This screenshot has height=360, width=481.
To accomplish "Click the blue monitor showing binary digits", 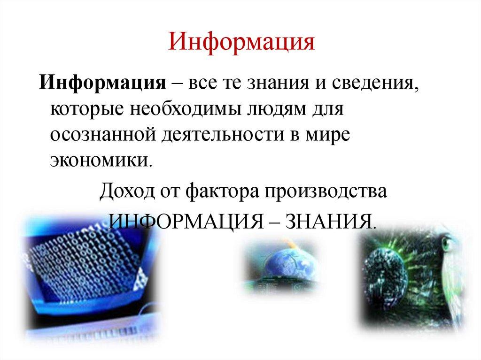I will point(85,268).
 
